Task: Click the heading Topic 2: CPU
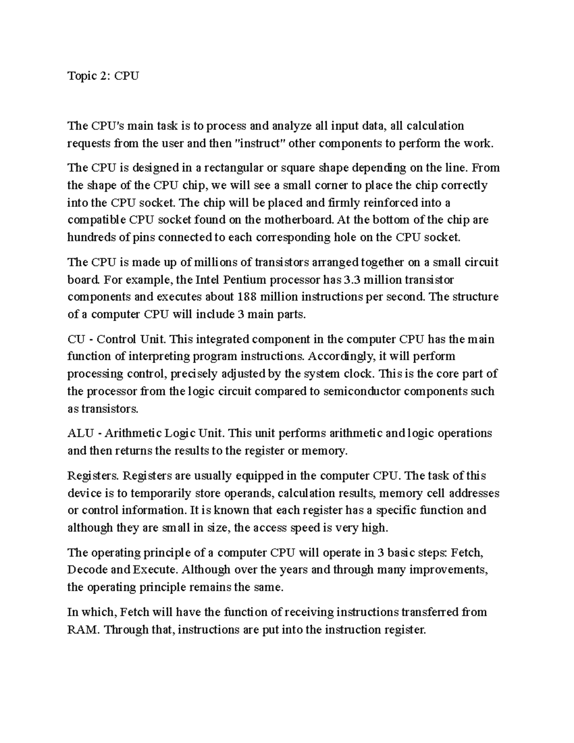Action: pos(103,76)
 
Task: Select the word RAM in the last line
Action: pos(83,630)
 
